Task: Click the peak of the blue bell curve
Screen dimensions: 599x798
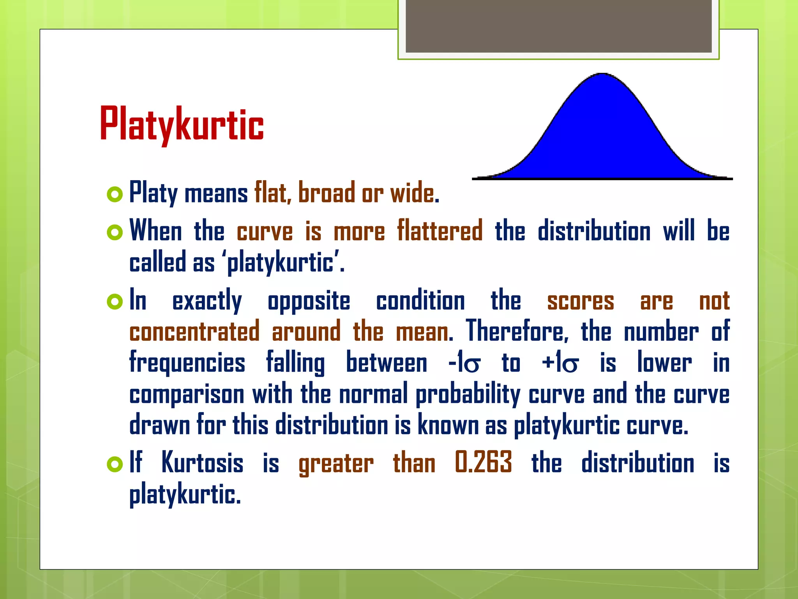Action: coord(602,75)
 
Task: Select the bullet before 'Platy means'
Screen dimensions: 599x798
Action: coord(115,194)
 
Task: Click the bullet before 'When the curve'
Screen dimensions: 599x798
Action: coord(115,232)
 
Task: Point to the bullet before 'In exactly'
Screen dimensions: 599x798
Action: coord(115,302)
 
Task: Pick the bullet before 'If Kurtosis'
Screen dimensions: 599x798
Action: coord(115,464)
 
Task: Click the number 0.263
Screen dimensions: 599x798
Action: coord(483,463)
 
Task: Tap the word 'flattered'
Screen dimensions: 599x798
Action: coord(440,231)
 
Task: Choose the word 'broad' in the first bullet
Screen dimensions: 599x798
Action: coord(327,193)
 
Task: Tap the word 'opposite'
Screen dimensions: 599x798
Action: coord(309,302)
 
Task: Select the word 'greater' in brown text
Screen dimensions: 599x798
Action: coord(336,464)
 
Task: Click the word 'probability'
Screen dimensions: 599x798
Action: coord(468,395)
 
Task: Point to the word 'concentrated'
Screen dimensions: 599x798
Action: coord(194,331)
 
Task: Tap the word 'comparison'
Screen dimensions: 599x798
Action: coord(187,395)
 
